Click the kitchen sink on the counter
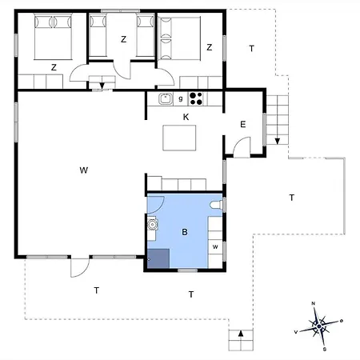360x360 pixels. click(x=166, y=98)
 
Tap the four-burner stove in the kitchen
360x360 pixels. click(x=196, y=98)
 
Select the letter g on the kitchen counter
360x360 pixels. click(x=181, y=98)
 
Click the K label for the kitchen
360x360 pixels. click(x=186, y=117)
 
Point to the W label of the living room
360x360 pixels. click(x=84, y=170)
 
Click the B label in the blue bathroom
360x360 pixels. click(x=185, y=232)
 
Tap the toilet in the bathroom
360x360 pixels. click(x=216, y=205)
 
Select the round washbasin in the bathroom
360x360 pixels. click(x=152, y=225)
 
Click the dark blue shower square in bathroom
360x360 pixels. click(x=158, y=258)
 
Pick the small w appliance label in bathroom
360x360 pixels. click(x=215, y=246)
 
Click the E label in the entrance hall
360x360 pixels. click(x=243, y=124)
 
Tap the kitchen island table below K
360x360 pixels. click(x=179, y=138)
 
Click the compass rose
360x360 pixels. click(x=319, y=326)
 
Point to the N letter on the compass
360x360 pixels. click(x=314, y=303)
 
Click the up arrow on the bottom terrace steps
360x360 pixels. click(x=241, y=334)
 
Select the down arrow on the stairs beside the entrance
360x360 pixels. click(x=278, y=141)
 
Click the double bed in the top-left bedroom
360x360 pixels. click(x=53, y=37)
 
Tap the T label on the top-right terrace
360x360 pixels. click(x=251, y=49)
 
